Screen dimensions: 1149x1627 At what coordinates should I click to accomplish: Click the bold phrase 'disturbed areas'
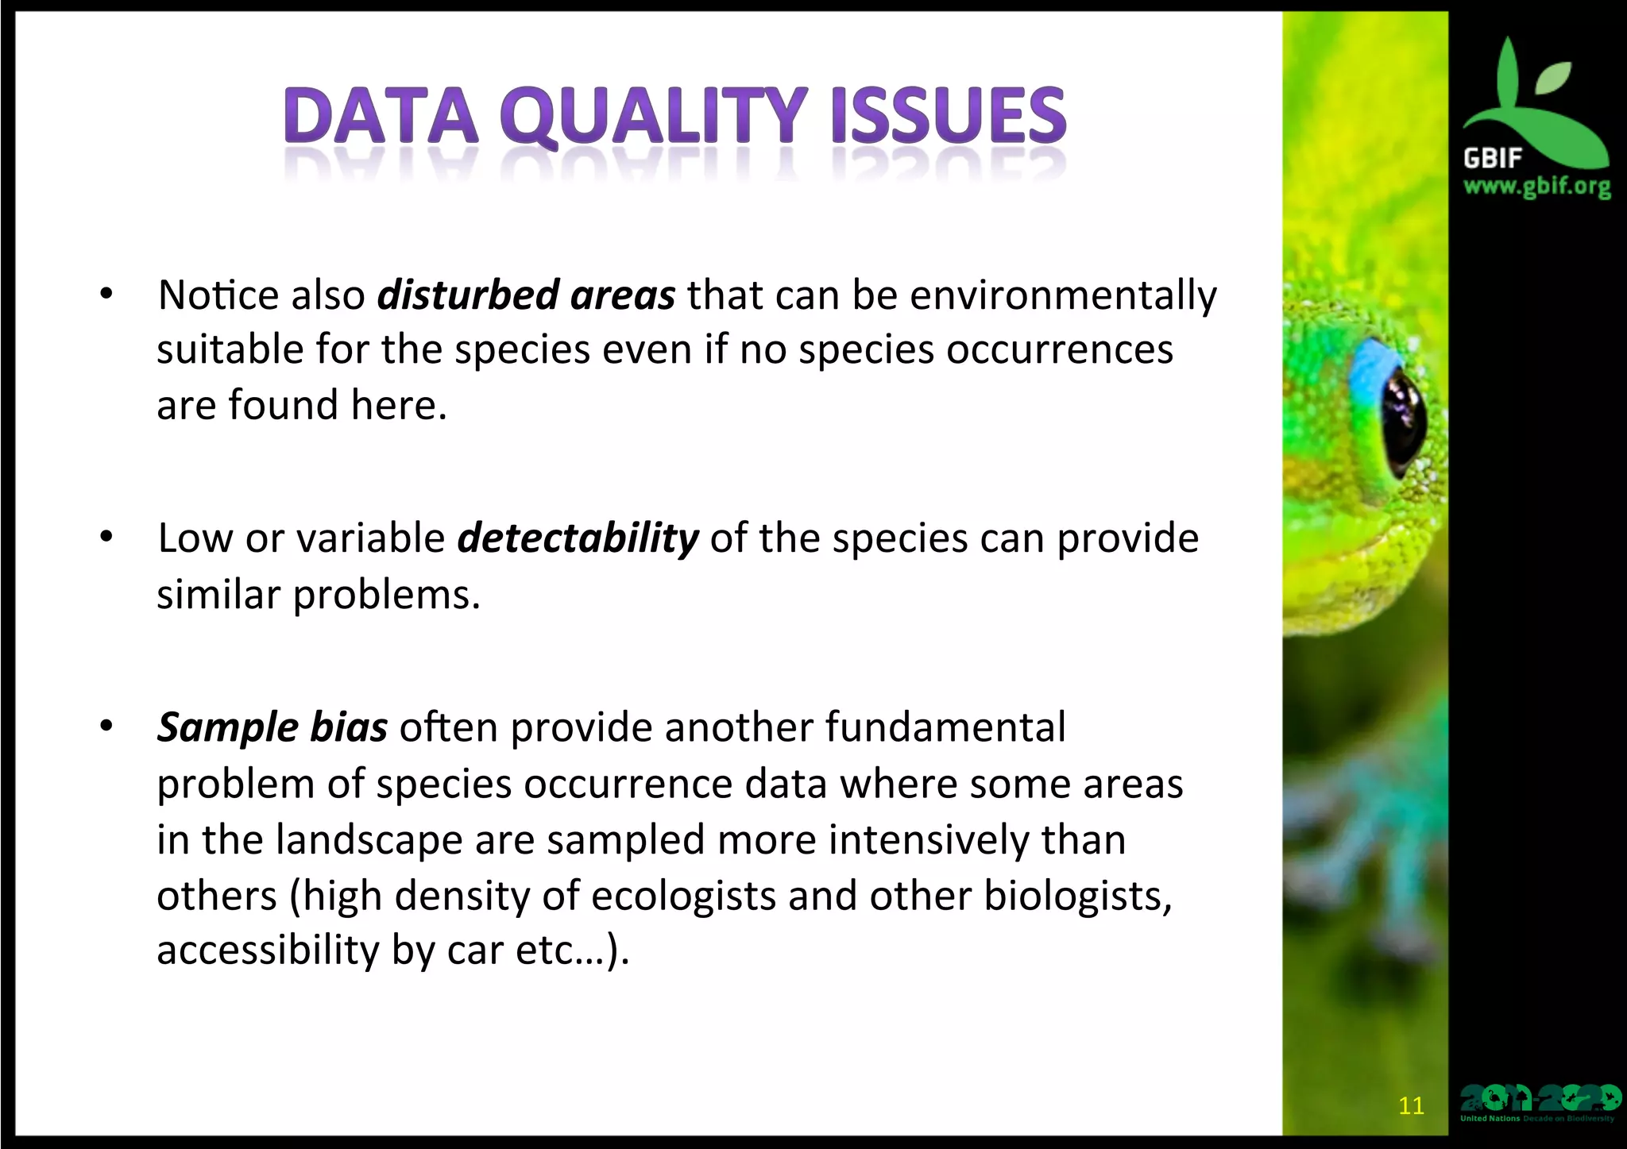(x=526, y=295)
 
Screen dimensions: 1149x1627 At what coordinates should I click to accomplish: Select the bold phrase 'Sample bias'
(x=272, y=727)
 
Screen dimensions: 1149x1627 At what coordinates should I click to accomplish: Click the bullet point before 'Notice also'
(x=106, y=295)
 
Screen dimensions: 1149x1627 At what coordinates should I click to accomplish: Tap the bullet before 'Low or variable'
(x=106, y=538)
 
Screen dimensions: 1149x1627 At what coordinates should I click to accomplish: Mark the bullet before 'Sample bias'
(x=106, y=727)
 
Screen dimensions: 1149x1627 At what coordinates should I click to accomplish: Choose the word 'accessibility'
(x=268, y=950)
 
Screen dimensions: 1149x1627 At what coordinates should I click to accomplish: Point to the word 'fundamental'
(x=945, y=727)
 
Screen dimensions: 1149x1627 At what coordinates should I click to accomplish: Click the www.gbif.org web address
(x=1536, y=187)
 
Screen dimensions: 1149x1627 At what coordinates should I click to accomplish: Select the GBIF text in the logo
(x=1491, y=158)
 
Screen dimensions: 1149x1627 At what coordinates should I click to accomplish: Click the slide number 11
(x=1411, y=1105)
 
